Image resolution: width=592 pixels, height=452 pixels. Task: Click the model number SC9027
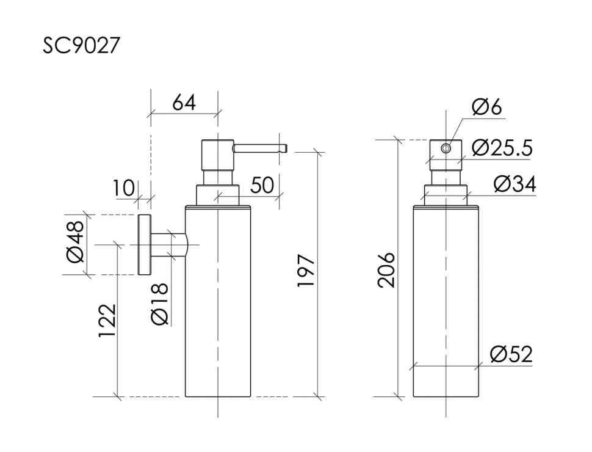[81, 46]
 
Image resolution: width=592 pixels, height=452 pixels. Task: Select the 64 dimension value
[184, 102]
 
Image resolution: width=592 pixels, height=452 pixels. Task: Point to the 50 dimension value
[262, 185]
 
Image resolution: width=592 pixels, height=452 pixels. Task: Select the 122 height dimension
[107, 321]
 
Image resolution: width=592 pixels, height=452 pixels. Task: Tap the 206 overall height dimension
[386, 269]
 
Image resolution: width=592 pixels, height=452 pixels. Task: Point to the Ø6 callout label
[486, 107]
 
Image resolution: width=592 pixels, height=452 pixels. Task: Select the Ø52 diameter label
[511, 354]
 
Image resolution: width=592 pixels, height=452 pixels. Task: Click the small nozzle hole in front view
[446, 148]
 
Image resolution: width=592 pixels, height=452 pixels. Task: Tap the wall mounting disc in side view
[145, 244]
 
